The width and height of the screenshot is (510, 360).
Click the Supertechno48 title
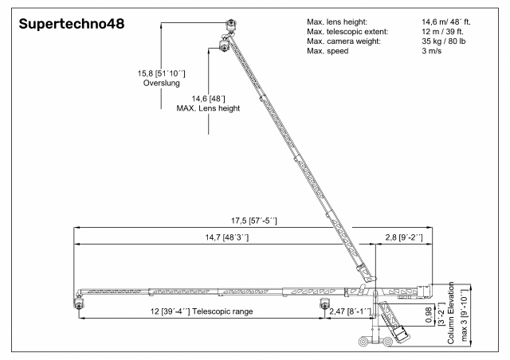click(72, 24)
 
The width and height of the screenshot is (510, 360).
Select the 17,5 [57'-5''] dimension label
click(254, 221)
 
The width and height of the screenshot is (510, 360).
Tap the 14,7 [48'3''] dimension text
click(226, 237)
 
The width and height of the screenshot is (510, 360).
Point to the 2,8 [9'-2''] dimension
click(404, 237)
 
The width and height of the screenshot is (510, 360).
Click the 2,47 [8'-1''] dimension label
click(351, 311)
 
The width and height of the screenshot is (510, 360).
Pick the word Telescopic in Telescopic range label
click(208, 311)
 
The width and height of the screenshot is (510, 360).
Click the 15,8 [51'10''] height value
click(161, 73)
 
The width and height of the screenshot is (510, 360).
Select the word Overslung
click(161, 83)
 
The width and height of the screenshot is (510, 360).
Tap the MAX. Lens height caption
click(208, 108)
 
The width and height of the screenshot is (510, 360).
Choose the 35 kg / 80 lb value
click(444, 41)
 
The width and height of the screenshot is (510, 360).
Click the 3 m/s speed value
click(432, 51)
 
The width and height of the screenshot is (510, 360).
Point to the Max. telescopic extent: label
click(347, 32)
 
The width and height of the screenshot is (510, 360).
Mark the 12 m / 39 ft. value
click(443, 32)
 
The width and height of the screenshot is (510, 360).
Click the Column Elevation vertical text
click(451, 313)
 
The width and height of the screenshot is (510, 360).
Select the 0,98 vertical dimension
click(429, 315)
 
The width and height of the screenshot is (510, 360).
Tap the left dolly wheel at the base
click(363, 342)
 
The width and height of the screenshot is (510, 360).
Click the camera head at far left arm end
click(78, 302)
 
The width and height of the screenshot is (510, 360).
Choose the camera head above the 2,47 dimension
click(324, 303)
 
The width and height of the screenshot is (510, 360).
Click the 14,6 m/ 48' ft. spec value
click(446, 22)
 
